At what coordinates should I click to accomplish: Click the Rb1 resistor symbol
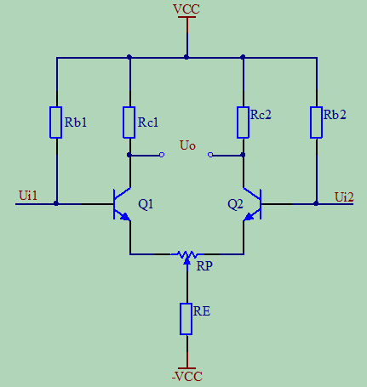coord(56,122)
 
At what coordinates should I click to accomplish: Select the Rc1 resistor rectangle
coord(129,122)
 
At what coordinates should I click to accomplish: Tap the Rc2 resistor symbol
coord(243,122)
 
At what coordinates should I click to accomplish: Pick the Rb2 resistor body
coord(316,122)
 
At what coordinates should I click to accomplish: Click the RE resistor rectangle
coord(186,319)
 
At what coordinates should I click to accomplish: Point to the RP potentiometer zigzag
coord(187,254)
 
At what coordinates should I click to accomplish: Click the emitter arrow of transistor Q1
coord(125,217)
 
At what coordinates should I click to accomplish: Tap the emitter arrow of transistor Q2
coord(249,217)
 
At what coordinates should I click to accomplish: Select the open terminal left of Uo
coord(162,155)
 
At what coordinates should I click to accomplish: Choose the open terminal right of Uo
coord(210,155)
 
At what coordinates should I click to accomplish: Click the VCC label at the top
coord(186,9)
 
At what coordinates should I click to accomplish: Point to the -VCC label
coord(187,377)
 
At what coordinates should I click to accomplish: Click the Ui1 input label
coord(28,196)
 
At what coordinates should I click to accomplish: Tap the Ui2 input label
coord(344,197)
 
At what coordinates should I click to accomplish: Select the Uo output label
coord(187,145)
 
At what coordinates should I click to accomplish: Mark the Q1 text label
coord(146,204)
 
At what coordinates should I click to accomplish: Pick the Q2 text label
coord(235,204)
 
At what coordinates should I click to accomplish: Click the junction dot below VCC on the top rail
coord(186,57)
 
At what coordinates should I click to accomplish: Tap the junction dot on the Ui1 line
coord(56,203)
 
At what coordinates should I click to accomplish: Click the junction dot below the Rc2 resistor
coord(243,155)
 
